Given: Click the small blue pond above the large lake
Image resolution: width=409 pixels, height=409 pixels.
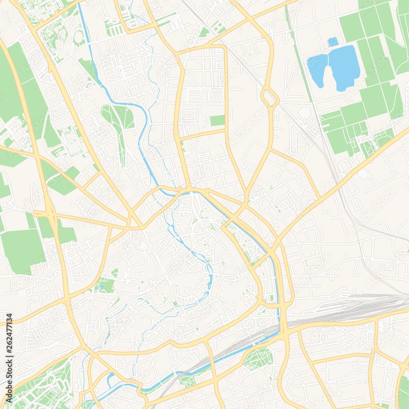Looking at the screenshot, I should pyautogui.click(x=333, y=41).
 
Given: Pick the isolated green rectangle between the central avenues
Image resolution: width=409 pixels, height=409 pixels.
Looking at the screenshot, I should pyautogui.click(x=217, y=120).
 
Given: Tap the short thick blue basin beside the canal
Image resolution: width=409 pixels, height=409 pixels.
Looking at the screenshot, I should pyautogui.click(x=109, y=379).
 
